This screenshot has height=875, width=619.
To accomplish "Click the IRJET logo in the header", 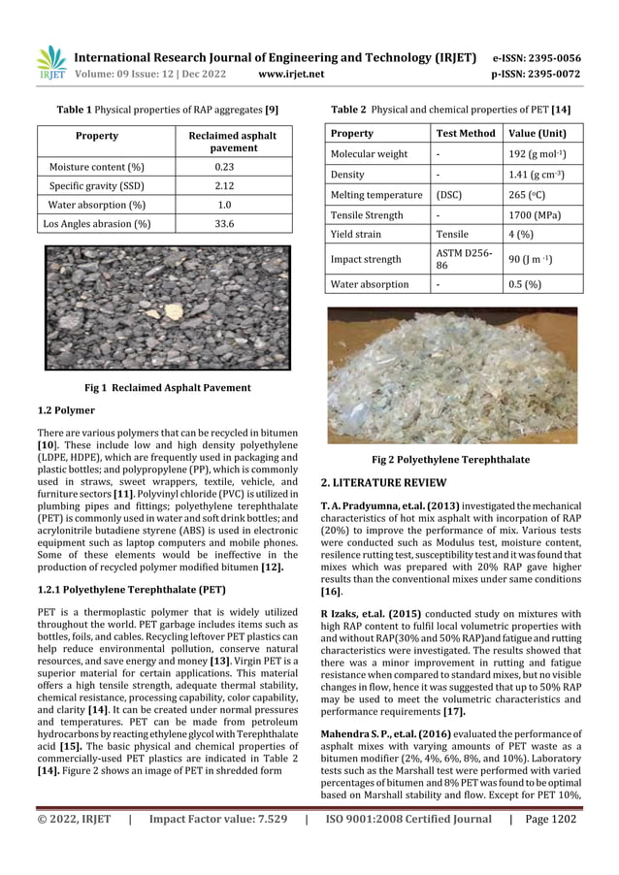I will (51, 63).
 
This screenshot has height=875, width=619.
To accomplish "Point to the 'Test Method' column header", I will (466, 133).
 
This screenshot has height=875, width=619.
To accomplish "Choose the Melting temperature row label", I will (376, 195).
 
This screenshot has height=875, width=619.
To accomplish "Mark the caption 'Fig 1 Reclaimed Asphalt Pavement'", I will (167, 387).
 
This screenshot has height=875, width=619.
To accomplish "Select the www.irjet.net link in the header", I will (292, 74).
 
